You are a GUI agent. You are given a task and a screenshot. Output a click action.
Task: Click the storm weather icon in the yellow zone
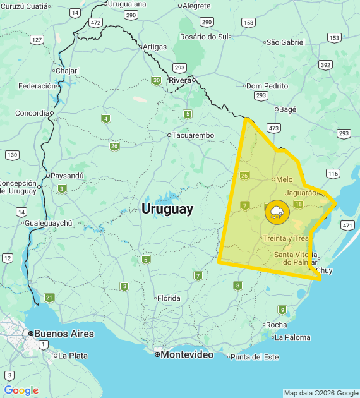pos(277,212)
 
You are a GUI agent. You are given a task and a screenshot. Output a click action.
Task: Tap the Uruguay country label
pos(167,209)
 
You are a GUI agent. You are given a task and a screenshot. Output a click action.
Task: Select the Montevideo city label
pos(187,354)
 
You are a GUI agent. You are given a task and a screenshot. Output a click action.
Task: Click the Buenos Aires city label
pos(64,334)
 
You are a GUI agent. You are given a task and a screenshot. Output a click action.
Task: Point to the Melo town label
pos(284,179)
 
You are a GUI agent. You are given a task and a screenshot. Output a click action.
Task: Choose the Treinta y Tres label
pos(285,238)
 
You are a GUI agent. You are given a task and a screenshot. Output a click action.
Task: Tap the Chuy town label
pos(323,270)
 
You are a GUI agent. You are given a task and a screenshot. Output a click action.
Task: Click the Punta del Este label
pos(255,357)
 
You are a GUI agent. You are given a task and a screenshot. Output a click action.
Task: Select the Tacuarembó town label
pos(194,135)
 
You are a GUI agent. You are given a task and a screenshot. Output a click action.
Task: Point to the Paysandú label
pos(67,176)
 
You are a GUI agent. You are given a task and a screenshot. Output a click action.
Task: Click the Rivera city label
pos(180,80)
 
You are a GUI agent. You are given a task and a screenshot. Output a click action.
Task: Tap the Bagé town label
pos(287,109)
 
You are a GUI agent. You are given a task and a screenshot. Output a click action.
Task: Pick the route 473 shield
pos(273,128)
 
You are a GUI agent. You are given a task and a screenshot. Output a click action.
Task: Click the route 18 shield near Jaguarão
pos(299,203)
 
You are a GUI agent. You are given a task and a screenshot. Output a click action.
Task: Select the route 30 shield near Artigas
pos(156,80)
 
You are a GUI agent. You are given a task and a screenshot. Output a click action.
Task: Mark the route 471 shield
pos(347,225)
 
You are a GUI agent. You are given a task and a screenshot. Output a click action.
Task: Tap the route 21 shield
pos(49,298)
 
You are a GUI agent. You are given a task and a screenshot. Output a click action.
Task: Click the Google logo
pos(21,390)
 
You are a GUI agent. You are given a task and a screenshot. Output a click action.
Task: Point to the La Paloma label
pos(292,337)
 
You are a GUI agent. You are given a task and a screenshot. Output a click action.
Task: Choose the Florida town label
pos(168,298)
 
